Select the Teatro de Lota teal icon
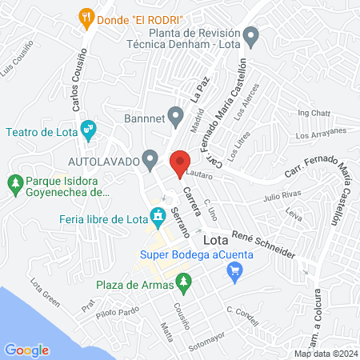(89, 128)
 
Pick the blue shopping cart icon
(234, 274)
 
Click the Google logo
(26, 350)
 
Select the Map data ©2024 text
(324, 354)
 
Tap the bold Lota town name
(217, 239)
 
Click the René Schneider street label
(263, 244)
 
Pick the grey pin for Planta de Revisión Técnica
(252, 35)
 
